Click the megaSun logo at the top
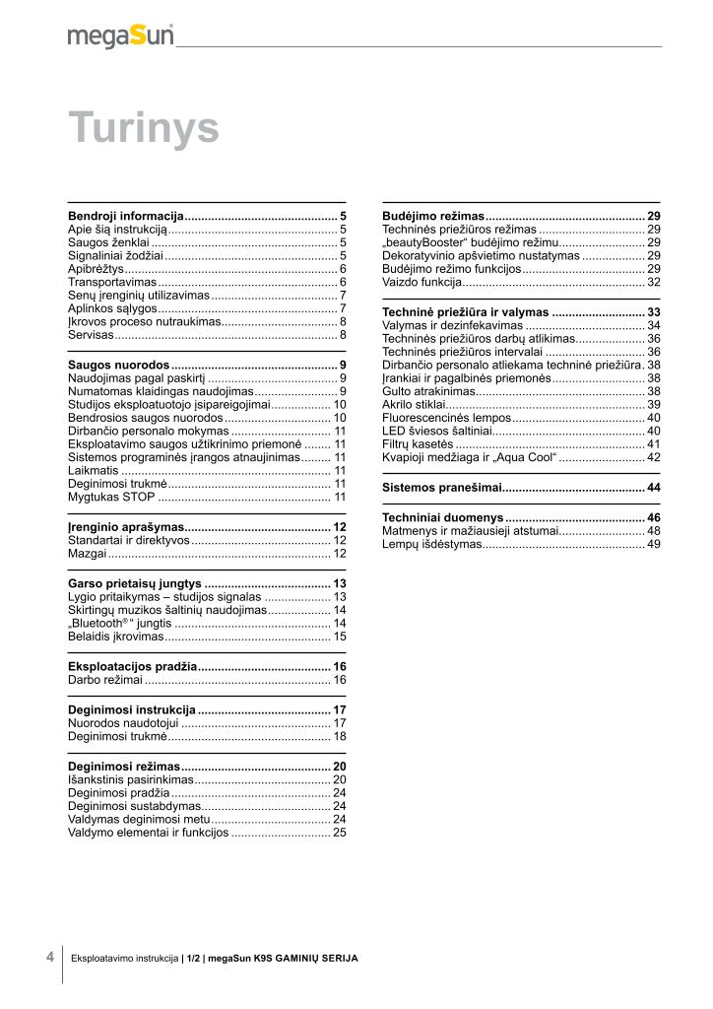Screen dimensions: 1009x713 [120, 35]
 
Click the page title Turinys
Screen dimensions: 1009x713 [143, 128]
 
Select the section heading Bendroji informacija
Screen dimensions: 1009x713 [126, 215]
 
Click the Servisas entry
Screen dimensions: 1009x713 [91, 335]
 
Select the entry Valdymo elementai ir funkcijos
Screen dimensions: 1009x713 [148, 833]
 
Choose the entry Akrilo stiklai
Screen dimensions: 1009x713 [415, 404]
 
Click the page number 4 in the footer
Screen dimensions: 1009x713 [49, 956]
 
